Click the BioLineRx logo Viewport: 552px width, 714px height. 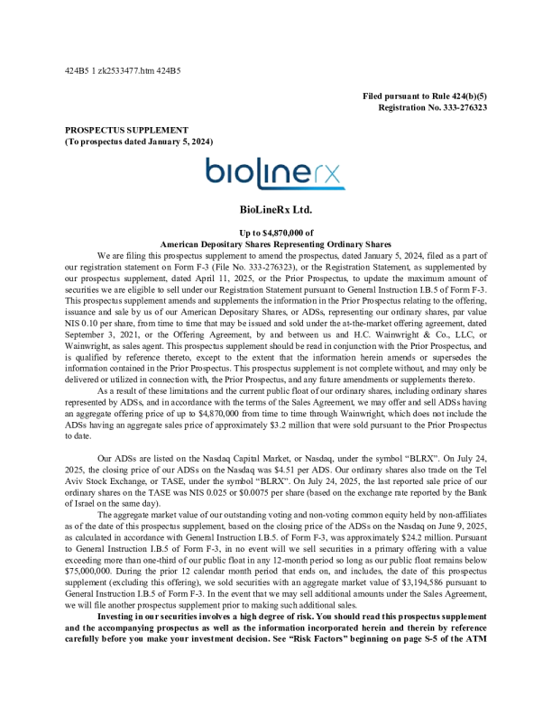point(275,174)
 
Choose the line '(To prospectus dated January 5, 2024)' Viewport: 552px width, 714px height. point(138,142)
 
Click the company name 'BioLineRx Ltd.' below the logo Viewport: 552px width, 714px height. point(275,210)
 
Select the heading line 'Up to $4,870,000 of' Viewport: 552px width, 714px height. point(275,233)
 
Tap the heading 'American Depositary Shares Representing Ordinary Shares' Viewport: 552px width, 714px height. point(275,243)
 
